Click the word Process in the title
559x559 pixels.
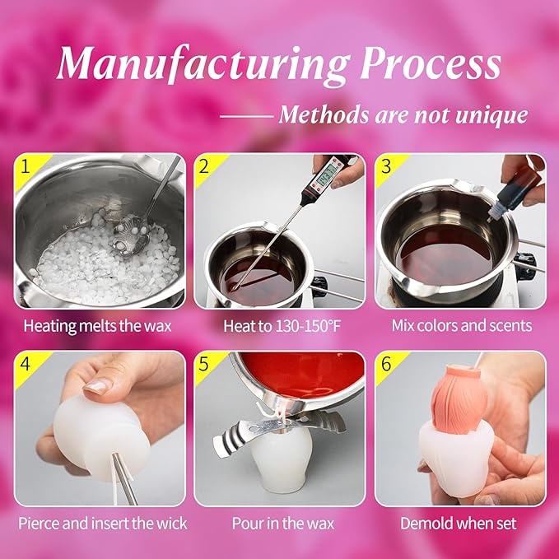431,63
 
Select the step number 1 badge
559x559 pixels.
25,166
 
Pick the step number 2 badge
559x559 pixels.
204,166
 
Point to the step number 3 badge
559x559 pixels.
386,166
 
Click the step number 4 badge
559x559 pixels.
25,364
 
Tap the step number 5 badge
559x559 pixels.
204,364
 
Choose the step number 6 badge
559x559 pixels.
386,364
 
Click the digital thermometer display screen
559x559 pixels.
324,175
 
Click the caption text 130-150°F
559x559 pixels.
306,326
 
